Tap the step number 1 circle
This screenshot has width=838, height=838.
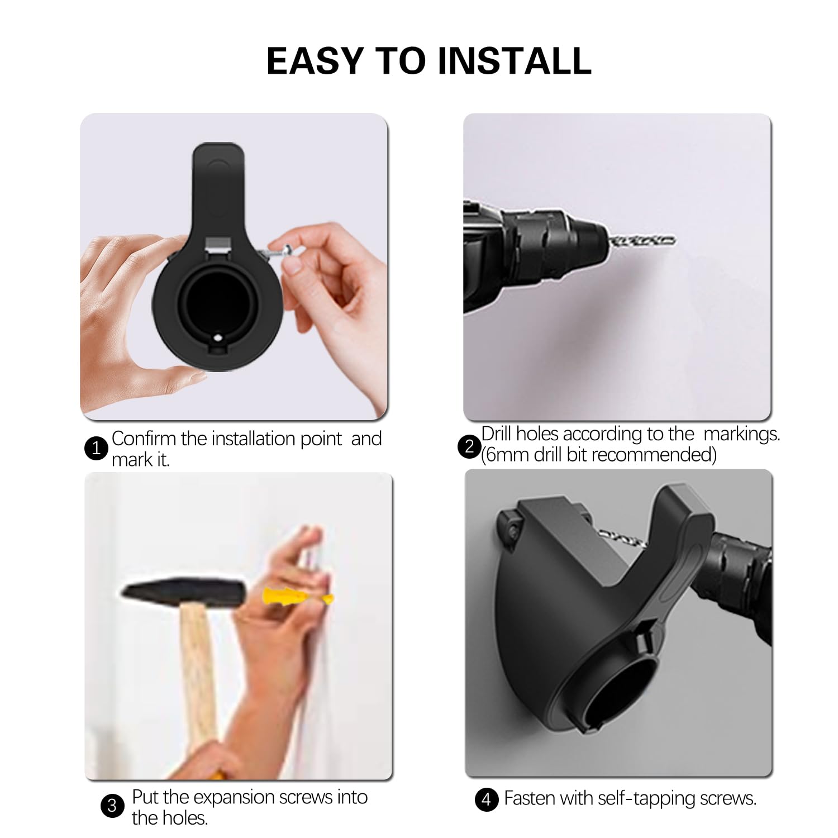coord(96,448)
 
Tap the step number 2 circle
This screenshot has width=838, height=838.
coord(469,446)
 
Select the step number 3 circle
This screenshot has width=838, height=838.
coord(112,806)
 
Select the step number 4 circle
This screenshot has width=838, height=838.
coord(486,799)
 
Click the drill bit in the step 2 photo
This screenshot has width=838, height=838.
coord(642,241)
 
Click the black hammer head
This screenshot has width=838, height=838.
coord(184,593)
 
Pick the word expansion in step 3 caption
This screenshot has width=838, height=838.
coord(234,797)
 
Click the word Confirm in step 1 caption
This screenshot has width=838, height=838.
coord(144,439)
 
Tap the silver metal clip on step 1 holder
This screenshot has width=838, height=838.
coord(218,244)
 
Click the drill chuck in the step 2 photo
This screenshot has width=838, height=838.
coord(581,240)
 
